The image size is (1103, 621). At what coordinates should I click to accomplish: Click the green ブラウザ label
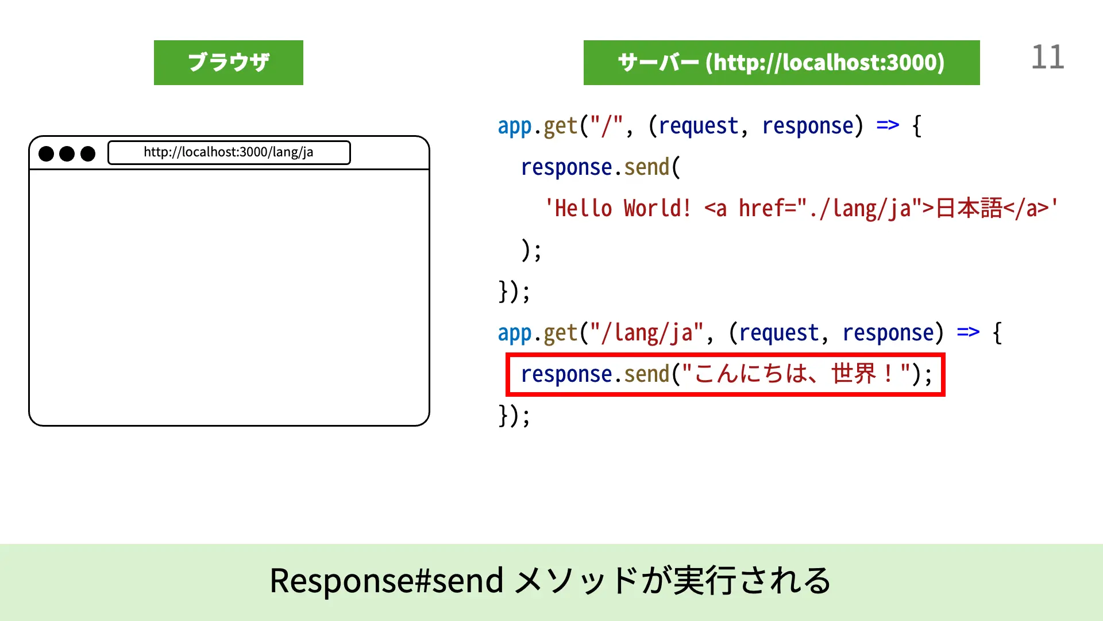click(x=228, y=63)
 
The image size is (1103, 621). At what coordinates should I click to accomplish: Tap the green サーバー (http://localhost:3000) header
click(x=781, y=63)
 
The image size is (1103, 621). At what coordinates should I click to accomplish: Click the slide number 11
click(x=1047, y=57)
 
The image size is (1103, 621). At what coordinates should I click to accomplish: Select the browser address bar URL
click(x=229, y=152)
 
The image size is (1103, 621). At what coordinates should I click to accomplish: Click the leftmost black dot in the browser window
click(x=46, y=154)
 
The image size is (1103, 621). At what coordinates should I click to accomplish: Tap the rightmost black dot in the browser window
click(x=88, y=154)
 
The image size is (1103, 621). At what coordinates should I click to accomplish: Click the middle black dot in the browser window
click(x=67, y=154)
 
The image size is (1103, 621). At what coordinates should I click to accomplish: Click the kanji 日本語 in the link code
click(x=969, y=208)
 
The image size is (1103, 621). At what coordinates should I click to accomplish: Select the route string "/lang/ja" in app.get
click(x=647, y=333)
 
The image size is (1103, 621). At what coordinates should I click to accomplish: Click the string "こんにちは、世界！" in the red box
click(x=796, y=374)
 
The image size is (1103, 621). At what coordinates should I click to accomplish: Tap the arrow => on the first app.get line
click(x=888, y=125)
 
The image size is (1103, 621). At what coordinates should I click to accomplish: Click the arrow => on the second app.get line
click(x=968, y=332)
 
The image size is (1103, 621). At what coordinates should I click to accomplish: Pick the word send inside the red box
click(x=647, y=374)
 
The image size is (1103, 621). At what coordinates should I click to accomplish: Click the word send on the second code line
click(x=647, y=167)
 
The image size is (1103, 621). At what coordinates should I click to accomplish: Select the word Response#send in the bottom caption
click(x=386, y=580)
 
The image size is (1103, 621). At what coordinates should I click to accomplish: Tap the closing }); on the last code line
click(x=514, y=415)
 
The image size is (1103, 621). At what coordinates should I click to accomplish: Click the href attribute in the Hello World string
click(x=762, y=208)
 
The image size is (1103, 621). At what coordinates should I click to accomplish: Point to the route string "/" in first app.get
click(x=607, y=125)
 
